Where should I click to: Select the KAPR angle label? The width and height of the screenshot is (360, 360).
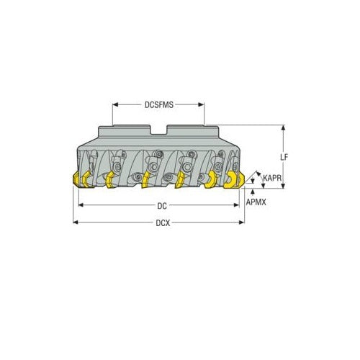[x=271, y=178]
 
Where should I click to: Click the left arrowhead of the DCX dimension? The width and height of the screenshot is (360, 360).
[x=76, y=222]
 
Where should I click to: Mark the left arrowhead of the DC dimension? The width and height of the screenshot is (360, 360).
[x=81, y=205]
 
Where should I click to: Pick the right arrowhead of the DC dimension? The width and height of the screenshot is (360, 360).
[x=238, y=205]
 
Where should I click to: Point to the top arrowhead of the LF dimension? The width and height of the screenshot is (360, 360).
[x=284, y=127]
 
